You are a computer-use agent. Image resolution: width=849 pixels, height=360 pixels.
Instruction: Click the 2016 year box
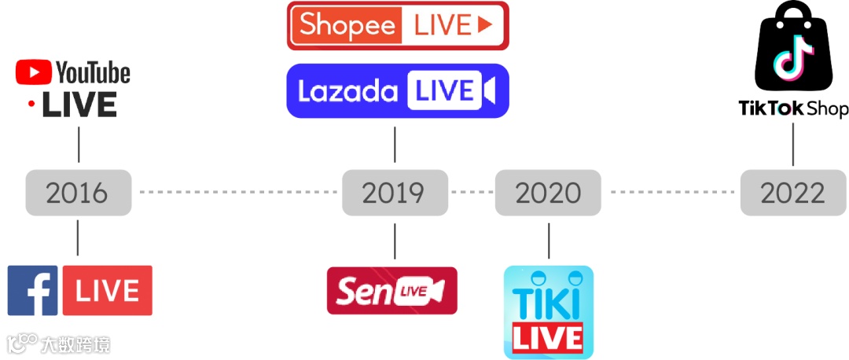coord(77,193)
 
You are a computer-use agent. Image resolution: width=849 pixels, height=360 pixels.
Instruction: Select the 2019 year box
coord(394,193)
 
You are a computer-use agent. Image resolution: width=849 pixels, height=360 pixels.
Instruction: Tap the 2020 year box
coord(548,193)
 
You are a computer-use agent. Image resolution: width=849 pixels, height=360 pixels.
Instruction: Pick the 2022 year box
coord(792,193)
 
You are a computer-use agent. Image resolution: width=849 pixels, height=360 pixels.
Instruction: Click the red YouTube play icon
coord(32,74)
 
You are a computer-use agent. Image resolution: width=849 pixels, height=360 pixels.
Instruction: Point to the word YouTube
coord(93,74)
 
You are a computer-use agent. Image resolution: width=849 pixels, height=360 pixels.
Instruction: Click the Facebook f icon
coord(33,290)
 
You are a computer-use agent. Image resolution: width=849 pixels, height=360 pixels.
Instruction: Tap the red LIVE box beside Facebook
coord(108,290)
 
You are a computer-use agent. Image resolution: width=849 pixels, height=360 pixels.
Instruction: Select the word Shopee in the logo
coord(347,25)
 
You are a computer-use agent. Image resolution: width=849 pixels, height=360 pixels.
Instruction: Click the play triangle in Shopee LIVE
coord(485,25)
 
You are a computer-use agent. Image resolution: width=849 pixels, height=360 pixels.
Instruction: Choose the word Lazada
coord(347,92)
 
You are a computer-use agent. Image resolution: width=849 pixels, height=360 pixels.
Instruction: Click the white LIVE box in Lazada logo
coord(444,91)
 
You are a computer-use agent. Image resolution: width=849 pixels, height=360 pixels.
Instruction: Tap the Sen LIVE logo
coord(391,290)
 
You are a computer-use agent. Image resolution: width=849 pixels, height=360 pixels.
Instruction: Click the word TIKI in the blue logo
coord(548,302)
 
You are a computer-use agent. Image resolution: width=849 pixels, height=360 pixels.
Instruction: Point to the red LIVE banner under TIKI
coord(548,338)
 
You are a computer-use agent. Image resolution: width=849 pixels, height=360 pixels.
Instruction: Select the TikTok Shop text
coord(793,108)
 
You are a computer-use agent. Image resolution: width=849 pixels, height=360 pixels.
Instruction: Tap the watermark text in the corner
coord(59,343)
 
